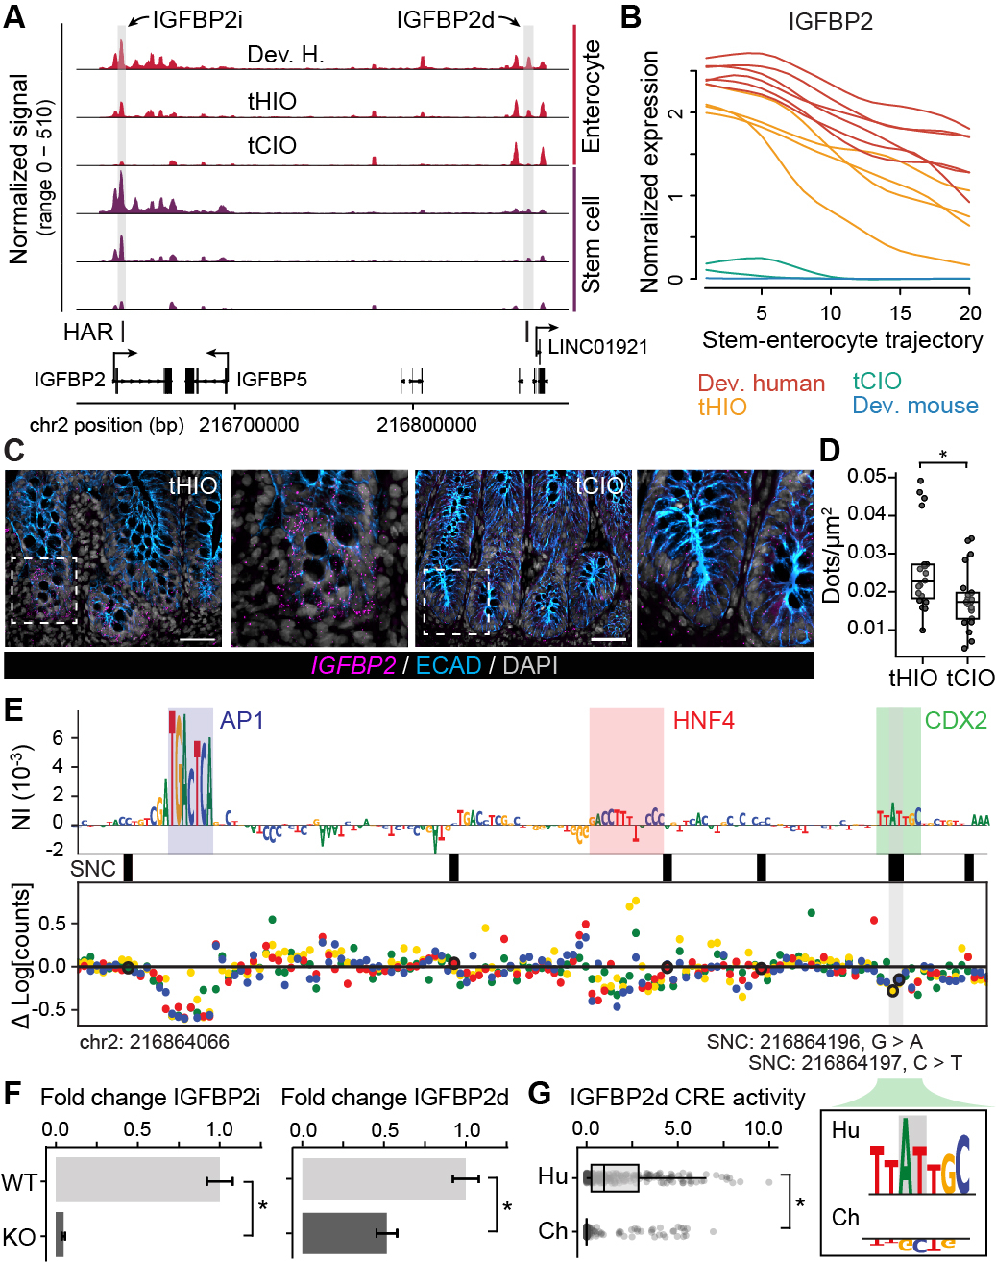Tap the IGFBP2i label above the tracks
click(198, 20)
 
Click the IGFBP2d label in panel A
click(445, 20)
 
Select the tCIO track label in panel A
click(272, 145)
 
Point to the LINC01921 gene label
click(597, 347)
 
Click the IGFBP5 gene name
click(272, 380)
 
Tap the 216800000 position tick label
click(426, 425)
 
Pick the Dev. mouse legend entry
click(915, 406)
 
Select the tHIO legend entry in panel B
click(722, 407)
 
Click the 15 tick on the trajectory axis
click(900, 312)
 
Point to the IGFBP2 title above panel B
click(830, 22)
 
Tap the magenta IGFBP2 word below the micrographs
click(352, 665)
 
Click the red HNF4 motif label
click(703, 720)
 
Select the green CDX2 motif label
click(955, 720)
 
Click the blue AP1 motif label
click(241, 720)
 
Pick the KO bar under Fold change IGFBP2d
click(344, 1233)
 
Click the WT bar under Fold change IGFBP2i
click(137, 1179)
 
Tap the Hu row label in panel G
click(552, 1176)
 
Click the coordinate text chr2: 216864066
click(154, 1041)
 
